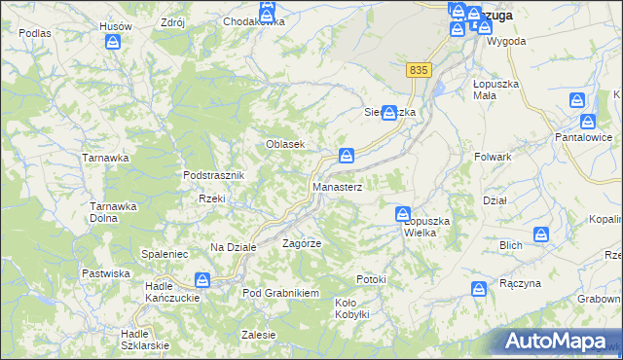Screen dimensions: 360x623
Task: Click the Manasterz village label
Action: [x=337, y=186]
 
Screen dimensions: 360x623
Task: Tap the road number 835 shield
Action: [x=419, y=70]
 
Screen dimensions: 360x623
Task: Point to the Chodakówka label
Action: [x=253, y=21]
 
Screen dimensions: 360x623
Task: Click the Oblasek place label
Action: [x=286, y=144]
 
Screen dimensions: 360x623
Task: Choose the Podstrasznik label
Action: [x=218, y=175]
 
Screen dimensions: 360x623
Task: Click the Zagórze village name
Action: [x=302, y=242]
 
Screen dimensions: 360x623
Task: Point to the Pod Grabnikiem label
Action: [x=280, y=293]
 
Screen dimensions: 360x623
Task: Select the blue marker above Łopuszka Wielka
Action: [x=403, y=213]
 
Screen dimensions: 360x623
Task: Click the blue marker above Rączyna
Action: [x=479, y=289]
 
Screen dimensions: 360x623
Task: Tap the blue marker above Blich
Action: [x=541, y=234]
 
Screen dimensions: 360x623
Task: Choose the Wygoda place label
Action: [x=506, y=42]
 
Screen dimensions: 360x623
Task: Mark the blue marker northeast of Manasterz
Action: [x=346, y=155]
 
